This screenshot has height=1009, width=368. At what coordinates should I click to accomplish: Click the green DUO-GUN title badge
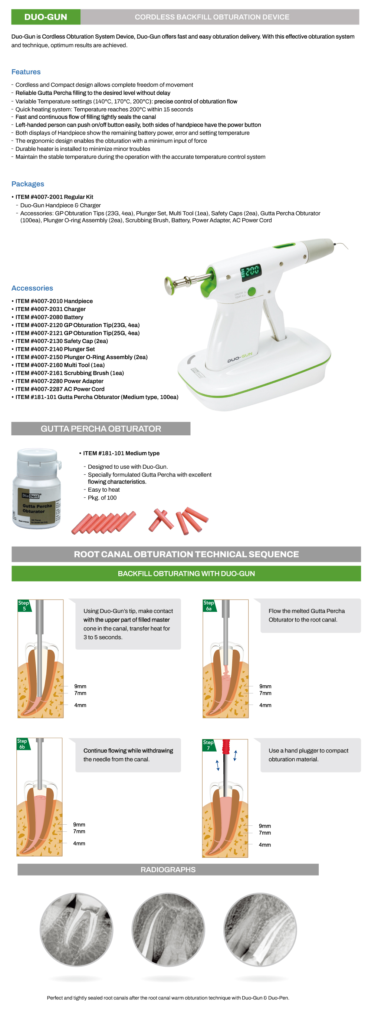tap(46, 17)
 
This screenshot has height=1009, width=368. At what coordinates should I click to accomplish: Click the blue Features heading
tap(26, 72)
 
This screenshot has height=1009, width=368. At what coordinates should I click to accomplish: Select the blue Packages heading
tap(28, 184)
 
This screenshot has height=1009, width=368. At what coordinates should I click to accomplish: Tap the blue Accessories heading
tap(32, 288)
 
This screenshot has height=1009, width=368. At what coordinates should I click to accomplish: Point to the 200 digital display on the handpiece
tap(250, 271)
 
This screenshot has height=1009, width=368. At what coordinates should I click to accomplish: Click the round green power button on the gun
tap(252, 291)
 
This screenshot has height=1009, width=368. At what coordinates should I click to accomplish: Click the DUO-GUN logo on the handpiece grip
tap(240, 357)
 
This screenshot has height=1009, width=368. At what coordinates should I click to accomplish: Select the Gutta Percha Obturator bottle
tap(37, 488)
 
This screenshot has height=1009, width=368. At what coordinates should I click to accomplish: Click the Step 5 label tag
tap(24, 606)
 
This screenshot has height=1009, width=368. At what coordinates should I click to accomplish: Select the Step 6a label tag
tap(209, 606)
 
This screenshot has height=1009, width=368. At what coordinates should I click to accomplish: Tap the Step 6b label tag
tap(22, 744)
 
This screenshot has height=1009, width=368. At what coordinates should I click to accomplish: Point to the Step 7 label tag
tap(208, 745)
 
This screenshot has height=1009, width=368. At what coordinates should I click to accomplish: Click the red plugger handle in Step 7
tap(226, 746)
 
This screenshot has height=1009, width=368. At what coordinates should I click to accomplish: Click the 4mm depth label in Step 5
tap(80, 705)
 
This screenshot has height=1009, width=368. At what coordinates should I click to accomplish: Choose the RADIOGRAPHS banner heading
tap(168, 870)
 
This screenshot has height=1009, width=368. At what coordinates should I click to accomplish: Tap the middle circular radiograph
tap(168, 930)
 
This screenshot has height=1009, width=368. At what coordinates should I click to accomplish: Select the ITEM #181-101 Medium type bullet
tap(119, 453)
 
